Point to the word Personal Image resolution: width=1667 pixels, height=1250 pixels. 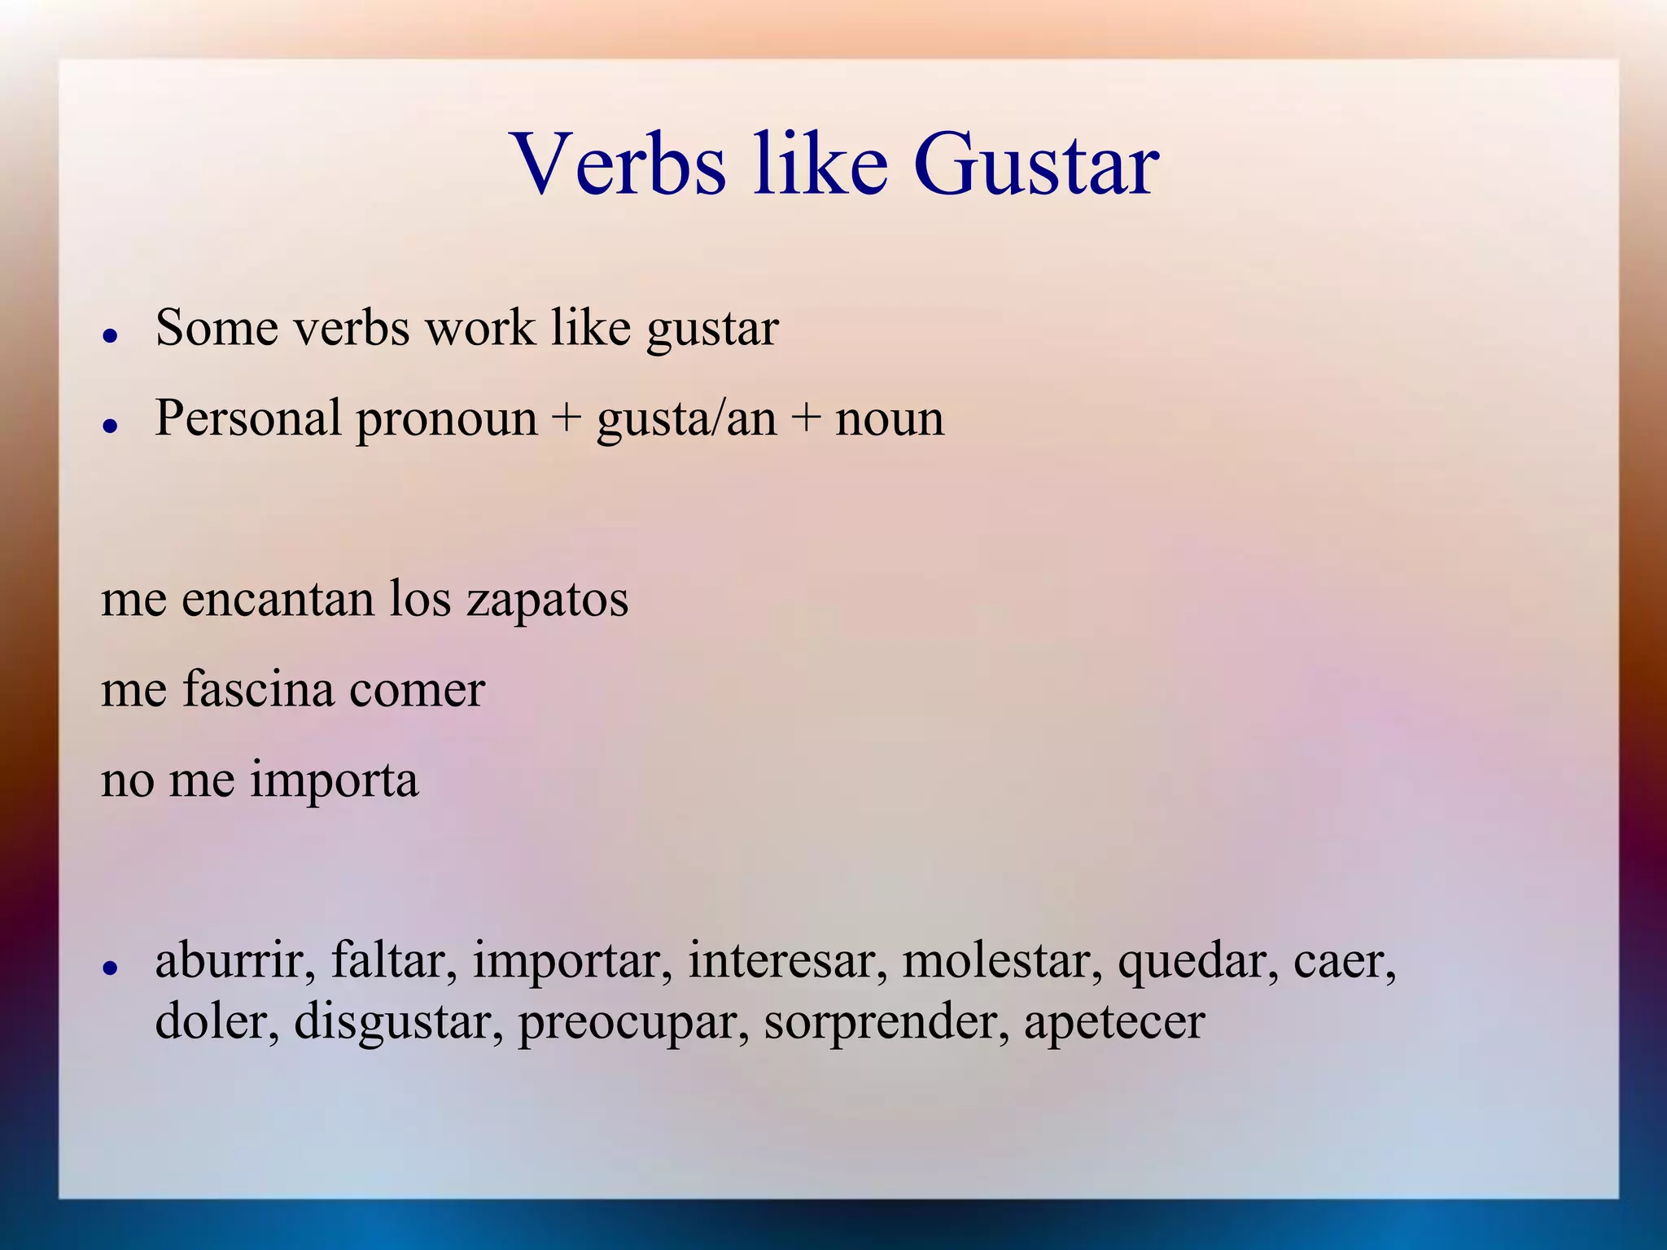tap(248, 419)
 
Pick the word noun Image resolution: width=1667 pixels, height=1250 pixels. tap(890, 420)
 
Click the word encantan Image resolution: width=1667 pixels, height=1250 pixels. tap(278, 599)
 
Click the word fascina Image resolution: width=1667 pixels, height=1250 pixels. tap(258, 689)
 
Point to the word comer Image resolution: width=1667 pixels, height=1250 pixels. tap(417, 691)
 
